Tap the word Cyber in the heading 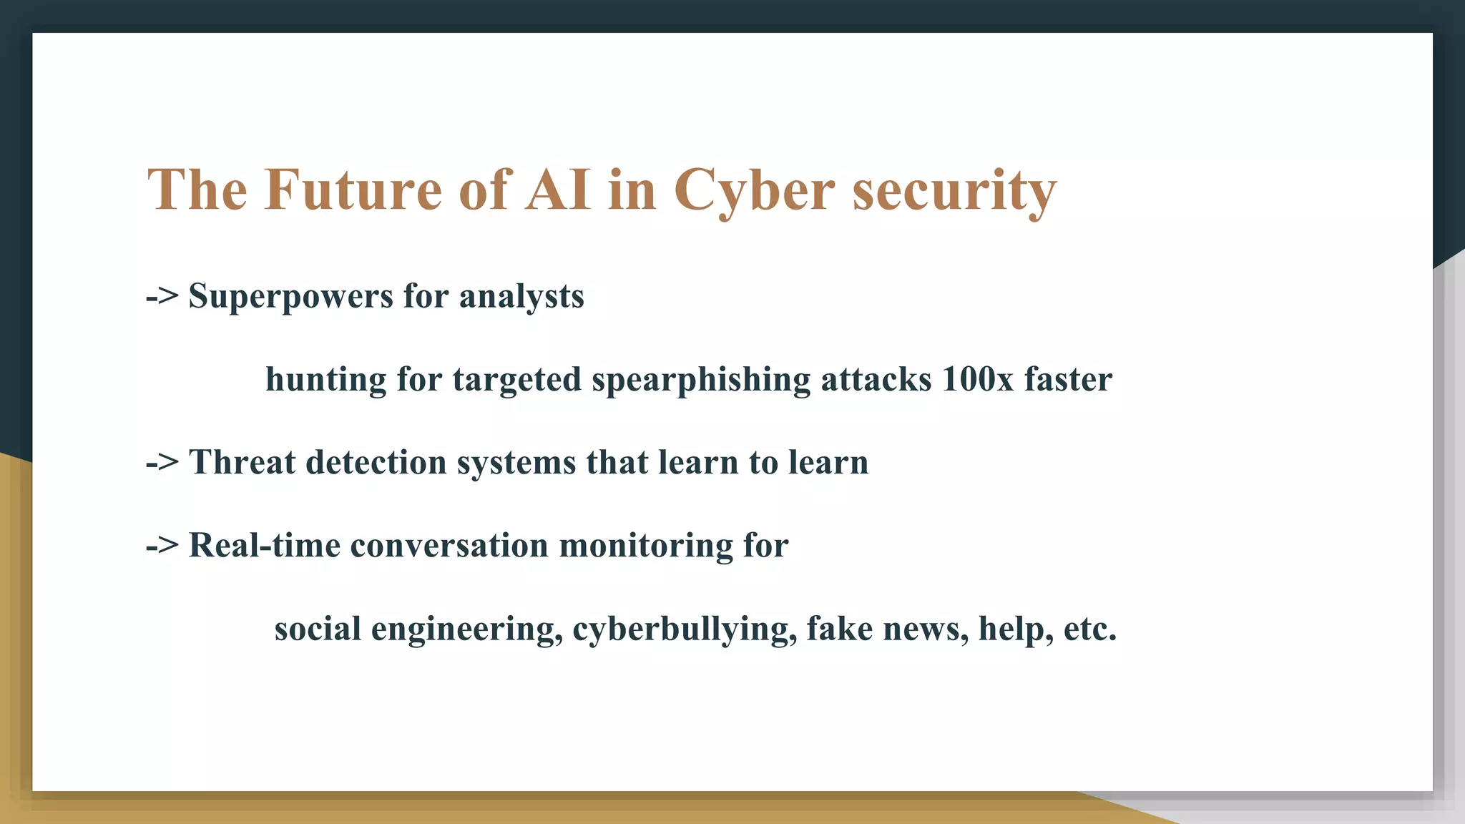[x=754, y=191]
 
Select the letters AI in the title [x=558, y=190]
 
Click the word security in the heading [x=954, y=191]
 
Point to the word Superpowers [x=290, y=296]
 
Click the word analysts [x=521, y=296]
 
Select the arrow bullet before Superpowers [x=162, y=296]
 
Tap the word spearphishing [x=701, y=380]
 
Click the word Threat [x=242, y=462]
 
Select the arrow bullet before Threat [x=162, y=463]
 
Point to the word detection [x=376, y=462]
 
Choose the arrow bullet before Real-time [x=162, y=546]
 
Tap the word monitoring [x=646, y=546]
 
